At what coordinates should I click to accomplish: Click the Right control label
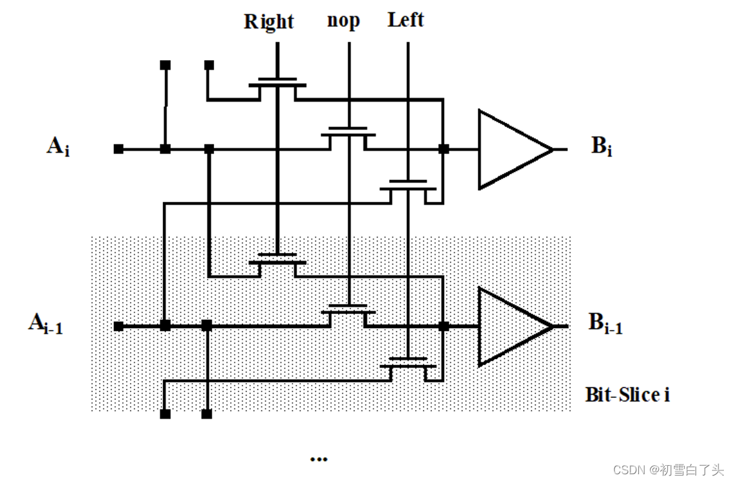(x=268, y=22)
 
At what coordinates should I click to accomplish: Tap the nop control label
(x=343, y=21)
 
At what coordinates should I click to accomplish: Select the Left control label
(x=405, y=20)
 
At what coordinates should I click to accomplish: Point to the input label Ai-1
(x=45, y=323)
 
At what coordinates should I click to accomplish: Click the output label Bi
(x=601, y=147)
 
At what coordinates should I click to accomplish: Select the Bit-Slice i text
(x=627, y=394)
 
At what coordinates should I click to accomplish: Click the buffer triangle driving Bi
(x=511, y=149)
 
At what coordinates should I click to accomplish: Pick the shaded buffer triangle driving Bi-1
(x=511, y=326)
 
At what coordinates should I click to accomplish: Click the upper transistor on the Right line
(x=277, y=86)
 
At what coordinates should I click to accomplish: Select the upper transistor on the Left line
(x=408, y=187)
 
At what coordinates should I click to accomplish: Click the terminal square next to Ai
(x=118, y=149)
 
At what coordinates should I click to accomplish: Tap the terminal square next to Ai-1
(x=118, y=326)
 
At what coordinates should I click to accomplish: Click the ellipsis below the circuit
(x=318, y=459)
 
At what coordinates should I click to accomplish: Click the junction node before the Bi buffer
(x=444, y=149)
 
